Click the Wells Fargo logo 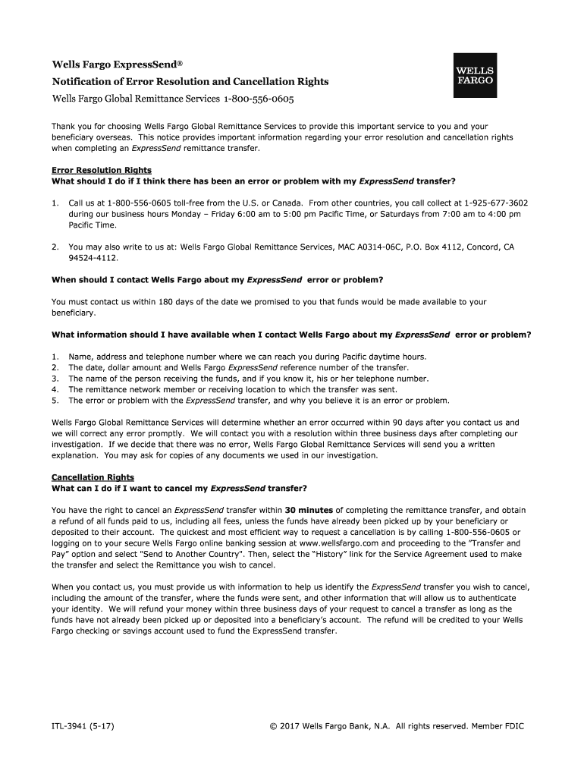(475, 75)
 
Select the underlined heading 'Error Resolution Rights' (101, 170)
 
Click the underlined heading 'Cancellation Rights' (93, 477)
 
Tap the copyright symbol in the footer (273, 726)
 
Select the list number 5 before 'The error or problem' (55, 400)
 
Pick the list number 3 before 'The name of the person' (55, 378)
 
